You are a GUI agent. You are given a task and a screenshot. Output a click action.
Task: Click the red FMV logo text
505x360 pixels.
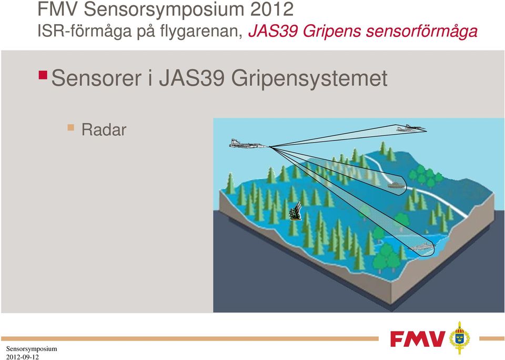418,338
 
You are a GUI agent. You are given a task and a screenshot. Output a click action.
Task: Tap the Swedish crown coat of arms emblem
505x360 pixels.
460,337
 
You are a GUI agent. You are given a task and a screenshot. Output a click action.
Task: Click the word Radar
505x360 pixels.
104,129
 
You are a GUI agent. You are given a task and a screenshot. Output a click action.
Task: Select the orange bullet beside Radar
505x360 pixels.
71,127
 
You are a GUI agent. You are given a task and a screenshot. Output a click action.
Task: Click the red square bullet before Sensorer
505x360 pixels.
43,75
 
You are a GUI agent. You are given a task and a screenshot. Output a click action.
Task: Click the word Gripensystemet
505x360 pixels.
309,79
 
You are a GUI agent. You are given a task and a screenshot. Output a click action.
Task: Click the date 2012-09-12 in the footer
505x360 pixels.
22,357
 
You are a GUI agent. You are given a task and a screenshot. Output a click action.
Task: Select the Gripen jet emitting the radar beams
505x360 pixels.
248,144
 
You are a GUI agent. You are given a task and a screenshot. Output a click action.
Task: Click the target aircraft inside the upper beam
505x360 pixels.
410,128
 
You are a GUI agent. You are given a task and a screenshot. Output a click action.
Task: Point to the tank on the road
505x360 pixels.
395,185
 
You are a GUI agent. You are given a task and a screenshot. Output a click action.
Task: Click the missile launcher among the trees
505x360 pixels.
296,211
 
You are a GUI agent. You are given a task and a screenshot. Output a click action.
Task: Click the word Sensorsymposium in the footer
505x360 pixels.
32,349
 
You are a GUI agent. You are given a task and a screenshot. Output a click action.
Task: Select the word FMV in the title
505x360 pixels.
58,9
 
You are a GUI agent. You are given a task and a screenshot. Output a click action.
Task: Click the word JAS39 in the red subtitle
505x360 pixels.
273,32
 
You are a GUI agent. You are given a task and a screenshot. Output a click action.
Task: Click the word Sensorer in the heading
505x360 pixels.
96,78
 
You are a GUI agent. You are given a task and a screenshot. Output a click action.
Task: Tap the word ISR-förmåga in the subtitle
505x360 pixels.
85,32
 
